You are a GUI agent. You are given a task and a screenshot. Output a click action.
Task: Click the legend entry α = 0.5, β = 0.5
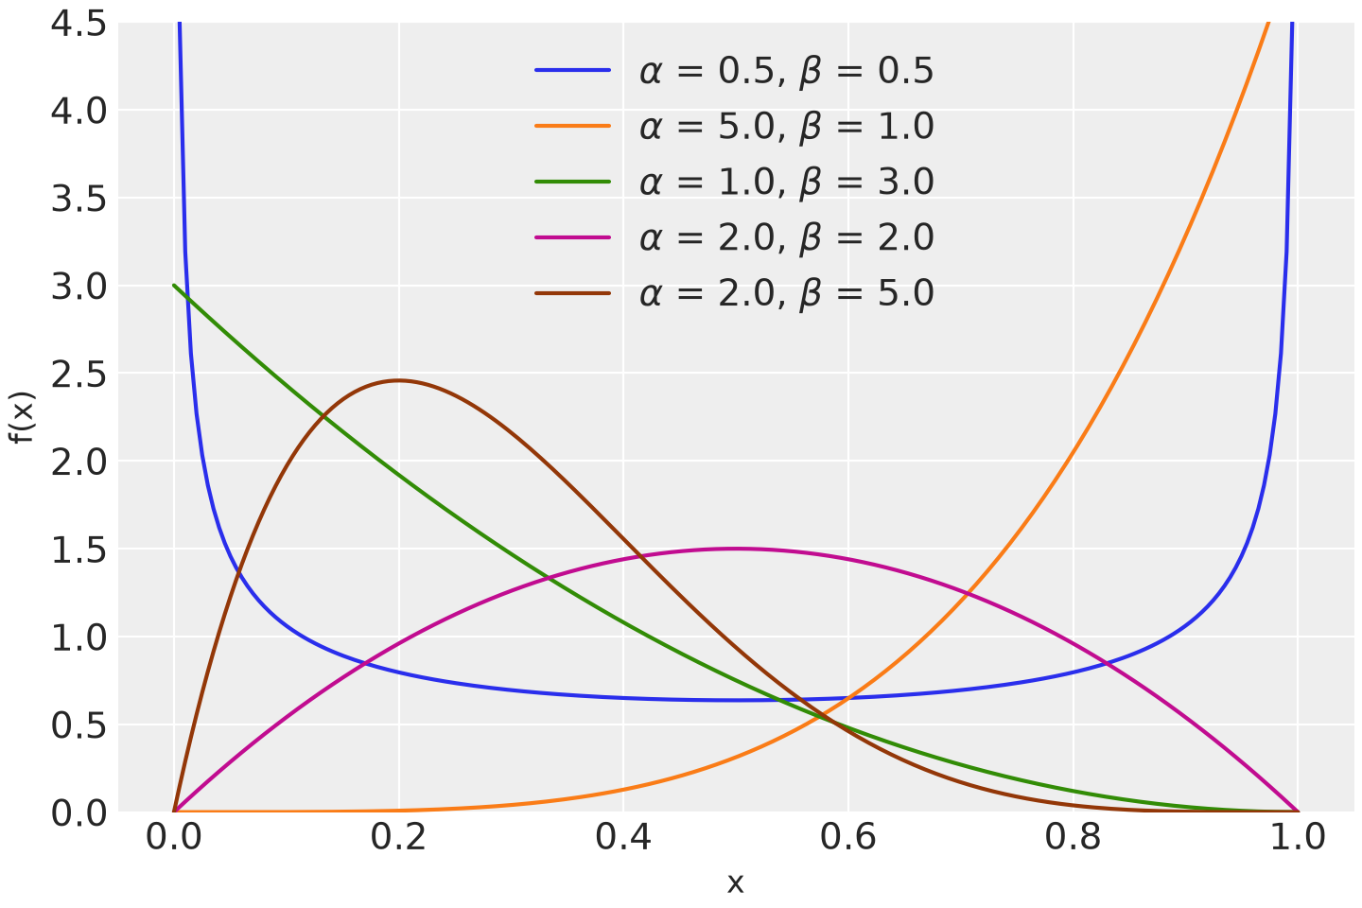pyautogui.click(x=786, y=71)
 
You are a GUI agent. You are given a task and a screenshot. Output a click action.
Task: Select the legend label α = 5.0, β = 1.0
pyautogui.click(x=786, y=127)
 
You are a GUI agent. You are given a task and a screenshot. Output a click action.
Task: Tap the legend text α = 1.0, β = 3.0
pyautogui.click(x=786, y=182)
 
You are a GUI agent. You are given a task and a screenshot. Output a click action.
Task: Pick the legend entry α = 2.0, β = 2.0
pyautogui.click(x=786, y=237)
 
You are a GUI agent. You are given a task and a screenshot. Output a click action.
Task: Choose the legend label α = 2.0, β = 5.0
pyautogui.click(x=786, y=293)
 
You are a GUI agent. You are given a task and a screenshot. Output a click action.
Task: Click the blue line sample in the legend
pyautogui.click(x=573, y=71)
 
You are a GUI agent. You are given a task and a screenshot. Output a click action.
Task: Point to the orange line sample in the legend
pyautogui.click(x=573, y=126)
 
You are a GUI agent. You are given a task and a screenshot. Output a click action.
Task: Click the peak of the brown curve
pyautogui.click(x=398, y=381)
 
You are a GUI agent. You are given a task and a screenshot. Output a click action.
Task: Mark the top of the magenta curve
pyautogui.click(x=736, y=550)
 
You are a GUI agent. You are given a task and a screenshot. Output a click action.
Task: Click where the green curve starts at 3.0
pyautogui.click(x=174, y=286)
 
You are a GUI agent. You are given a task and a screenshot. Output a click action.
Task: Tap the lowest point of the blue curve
pyautogui.click(x=736, y=701)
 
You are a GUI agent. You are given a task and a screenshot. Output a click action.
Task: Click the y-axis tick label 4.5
pyautogui.click(x=79, y=25)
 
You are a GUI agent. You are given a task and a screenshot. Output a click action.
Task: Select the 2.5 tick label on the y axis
pyautogui.click(x=79, y=375)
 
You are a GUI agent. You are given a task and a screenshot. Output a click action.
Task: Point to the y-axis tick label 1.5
pyautogui.click(x=79, y=550)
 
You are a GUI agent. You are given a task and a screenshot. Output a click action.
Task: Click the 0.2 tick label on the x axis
pyautogui.click(x=398, y=837)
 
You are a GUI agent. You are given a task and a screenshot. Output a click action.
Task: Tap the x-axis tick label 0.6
pyautogui.click(x=848, y=837)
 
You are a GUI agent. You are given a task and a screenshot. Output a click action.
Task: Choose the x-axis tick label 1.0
pyautogui.click(x=1298, y=837)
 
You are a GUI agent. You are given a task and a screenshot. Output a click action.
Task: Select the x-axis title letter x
pyautogui.click(x=736, y=883)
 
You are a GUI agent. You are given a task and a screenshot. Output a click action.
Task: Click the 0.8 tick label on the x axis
pyautogui.click(x=1074, y=837)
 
